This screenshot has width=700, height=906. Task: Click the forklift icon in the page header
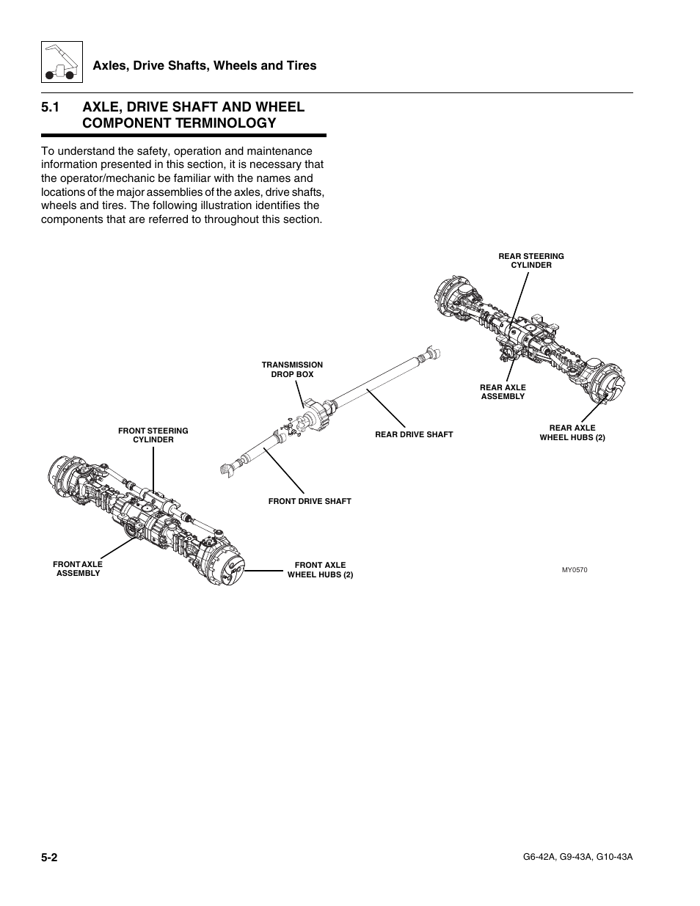(x=59, y=63)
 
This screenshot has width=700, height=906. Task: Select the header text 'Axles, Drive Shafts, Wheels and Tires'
(x=204, y=65)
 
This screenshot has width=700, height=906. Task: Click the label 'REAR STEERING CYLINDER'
(x=531, y=260)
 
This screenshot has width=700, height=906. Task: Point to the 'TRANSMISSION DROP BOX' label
(x=292, y=369)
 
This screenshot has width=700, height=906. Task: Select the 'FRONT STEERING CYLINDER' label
(x=153, y=435)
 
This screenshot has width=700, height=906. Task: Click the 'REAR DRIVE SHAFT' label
(x=414, y=434)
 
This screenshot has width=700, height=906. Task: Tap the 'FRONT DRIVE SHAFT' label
(x=310, y=501)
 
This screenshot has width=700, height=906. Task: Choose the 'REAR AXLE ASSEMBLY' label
(x=503, y=392)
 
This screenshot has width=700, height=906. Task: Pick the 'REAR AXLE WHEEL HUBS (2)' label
(x=572, y=433)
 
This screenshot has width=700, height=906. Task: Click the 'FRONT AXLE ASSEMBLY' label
(x=78, y=569)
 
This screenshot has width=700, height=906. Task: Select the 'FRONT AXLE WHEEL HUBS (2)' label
(x=320, y=570)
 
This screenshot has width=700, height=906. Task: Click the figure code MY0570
(x=575, y=570)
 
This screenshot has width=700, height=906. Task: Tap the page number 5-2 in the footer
(x=50, y=858)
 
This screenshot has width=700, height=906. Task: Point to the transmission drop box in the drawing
(x=316, y=415)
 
